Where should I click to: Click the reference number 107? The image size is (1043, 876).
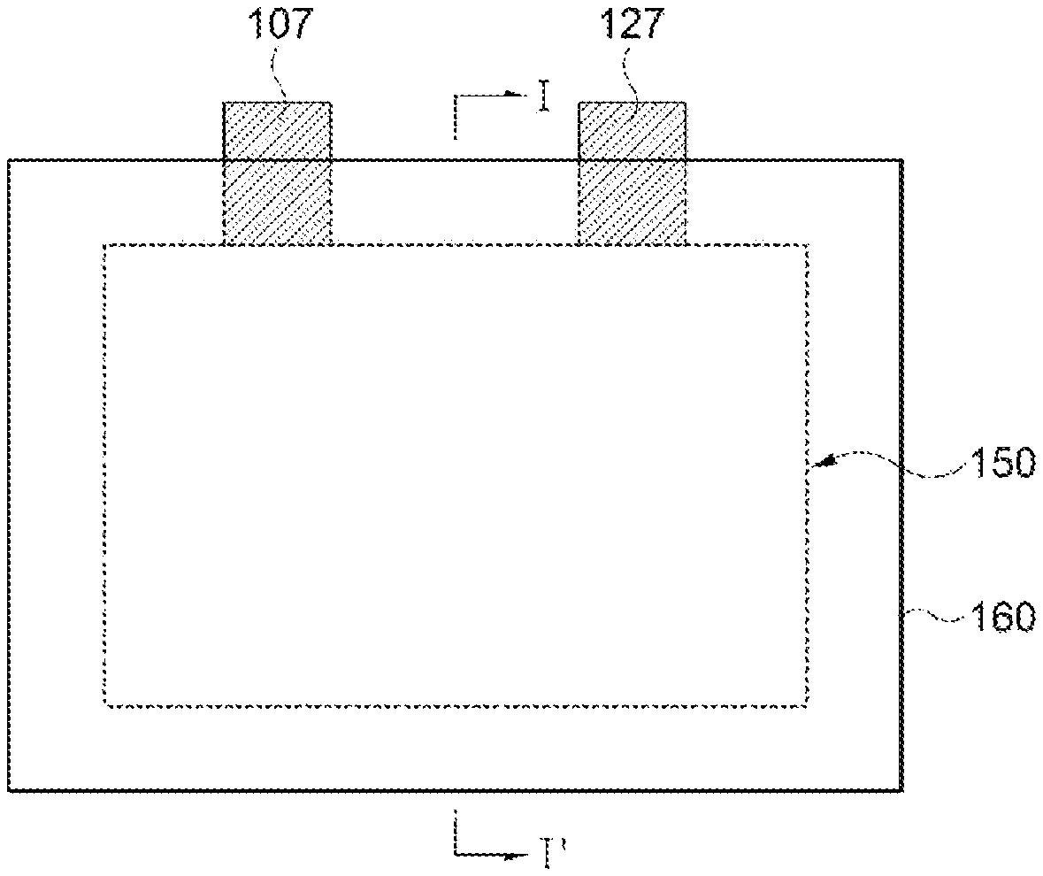point(280,25)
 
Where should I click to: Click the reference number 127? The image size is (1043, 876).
point(633,25)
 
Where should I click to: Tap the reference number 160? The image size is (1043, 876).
point(1004,617)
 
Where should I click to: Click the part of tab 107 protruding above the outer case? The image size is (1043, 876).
point(277,130)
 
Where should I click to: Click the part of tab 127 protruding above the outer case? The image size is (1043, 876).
point(632,130)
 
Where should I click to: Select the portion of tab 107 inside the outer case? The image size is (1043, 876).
point(277,203)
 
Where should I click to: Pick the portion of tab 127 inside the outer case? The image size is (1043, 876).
point(632,203)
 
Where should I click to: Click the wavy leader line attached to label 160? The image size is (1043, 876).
point(935,617)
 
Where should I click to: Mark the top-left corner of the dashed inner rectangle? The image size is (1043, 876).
point(104,245)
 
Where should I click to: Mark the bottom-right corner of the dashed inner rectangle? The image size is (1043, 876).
point(808,706)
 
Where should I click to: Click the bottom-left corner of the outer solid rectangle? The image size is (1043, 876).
point(8,791)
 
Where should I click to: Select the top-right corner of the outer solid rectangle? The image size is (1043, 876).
point(902,159)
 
